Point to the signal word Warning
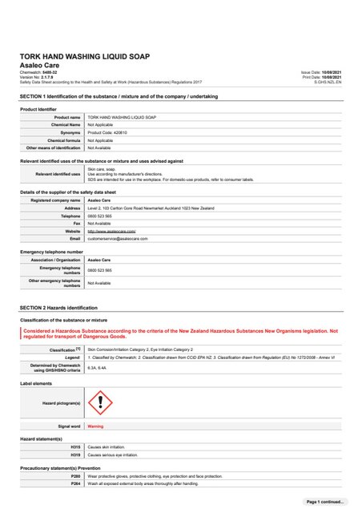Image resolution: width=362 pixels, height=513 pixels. (x=95, y=426)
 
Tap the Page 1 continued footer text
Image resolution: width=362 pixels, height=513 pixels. (x=324, y=501)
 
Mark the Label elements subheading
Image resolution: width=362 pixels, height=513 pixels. (x=38, y=384)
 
